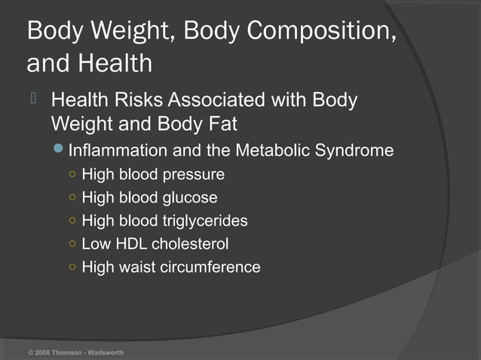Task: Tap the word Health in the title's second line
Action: pos(113,63)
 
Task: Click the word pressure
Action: pos(193,175)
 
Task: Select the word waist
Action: pos(138,267)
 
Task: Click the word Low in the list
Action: pos(95,244)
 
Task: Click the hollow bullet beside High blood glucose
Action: pos(71,198)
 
